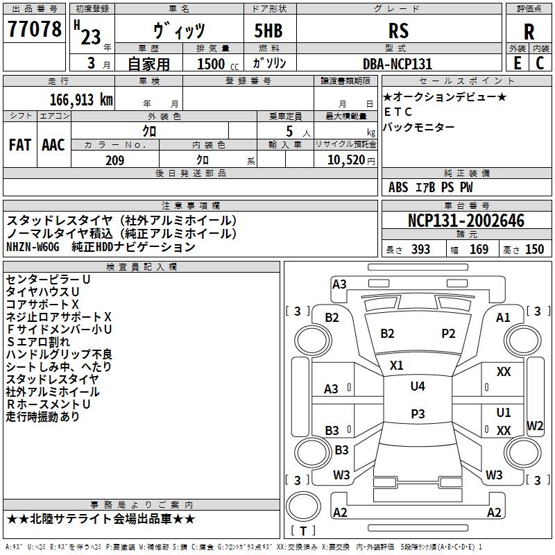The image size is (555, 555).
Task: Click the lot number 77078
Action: tap(34, 31)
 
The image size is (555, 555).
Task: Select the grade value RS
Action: tap(399, 31)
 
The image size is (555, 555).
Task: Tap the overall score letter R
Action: tap(529, 32)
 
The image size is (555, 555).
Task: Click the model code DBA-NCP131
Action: tap(398, 64)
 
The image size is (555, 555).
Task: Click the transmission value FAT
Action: tap(20, 144)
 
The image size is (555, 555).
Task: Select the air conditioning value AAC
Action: tap(53, 144)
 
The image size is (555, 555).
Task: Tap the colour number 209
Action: tap(114, 160)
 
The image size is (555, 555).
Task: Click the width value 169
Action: tap(479, 250)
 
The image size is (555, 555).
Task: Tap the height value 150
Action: tap(534, 250)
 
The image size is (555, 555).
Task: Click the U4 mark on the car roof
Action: tap(418, 386)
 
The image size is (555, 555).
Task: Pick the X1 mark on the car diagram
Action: tap(397, 365)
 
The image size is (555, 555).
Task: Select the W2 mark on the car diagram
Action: tap(535, 425)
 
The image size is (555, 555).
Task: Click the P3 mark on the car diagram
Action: tap(418, 413)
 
